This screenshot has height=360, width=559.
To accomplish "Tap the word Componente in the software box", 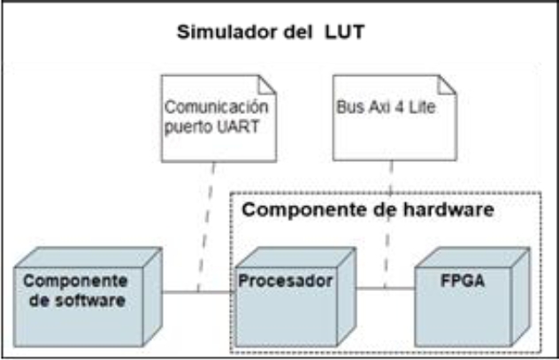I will tap(75, 281).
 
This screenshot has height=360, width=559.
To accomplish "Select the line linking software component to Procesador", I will tap(196, 292).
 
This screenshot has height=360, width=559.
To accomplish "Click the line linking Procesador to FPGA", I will tap(385, 287).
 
